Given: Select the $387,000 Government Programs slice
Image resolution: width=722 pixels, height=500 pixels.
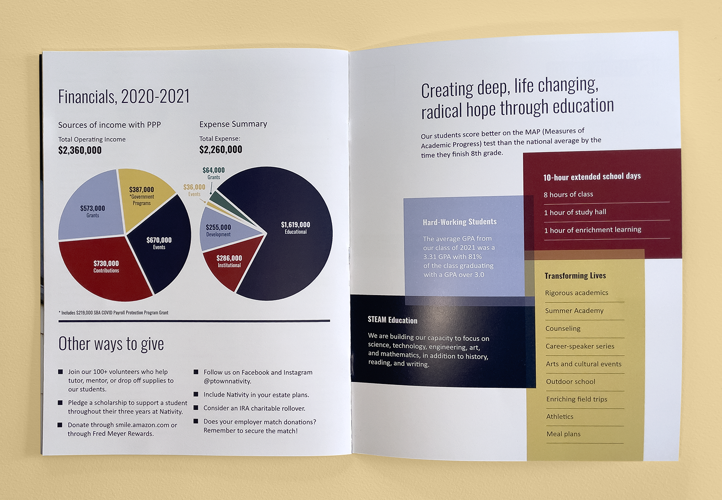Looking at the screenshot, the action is (x=143, y=197).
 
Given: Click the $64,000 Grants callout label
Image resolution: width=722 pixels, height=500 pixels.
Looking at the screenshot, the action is (x=213, y=173).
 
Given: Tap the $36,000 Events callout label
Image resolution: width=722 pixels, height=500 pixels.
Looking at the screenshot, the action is (x=194, y=190).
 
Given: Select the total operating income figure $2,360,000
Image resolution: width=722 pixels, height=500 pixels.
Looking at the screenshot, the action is (x=80, y=150).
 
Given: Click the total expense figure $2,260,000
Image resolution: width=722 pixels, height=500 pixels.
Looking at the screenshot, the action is (x=221, y=150).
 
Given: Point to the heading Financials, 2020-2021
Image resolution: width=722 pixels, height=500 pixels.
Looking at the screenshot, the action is (x=124, y=96).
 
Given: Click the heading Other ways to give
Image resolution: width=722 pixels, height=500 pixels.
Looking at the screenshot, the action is (x=111, y=343).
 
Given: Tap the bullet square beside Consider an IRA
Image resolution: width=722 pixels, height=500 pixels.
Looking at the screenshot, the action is (x=196, y=407).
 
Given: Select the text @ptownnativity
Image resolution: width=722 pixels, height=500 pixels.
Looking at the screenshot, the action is (x=227, y=381).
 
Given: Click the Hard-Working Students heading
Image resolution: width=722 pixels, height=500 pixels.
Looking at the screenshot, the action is (x=460, y=222).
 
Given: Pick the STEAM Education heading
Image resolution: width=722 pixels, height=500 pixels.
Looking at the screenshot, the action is (x=393, y=320).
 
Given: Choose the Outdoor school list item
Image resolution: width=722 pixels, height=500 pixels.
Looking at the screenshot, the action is (x=570, y=381).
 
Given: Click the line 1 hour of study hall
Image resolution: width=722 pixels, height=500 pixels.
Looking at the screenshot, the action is (x=575, y=212).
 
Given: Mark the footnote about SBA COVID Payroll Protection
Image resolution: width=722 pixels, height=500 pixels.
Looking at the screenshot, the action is (x=114, y=312).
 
